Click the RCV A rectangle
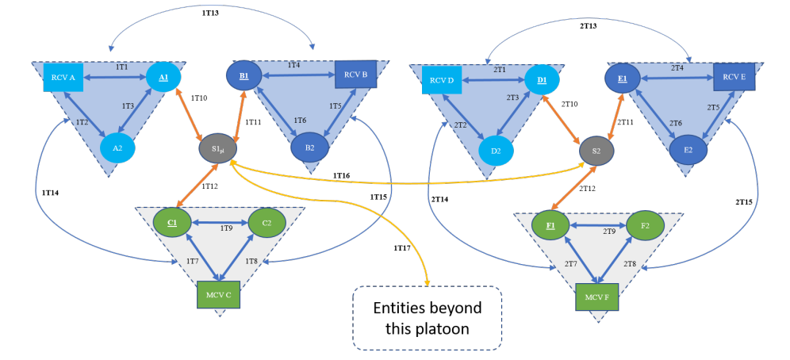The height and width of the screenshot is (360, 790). (63, 78)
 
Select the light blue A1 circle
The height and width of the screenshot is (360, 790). (163, 78)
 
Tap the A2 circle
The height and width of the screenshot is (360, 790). (117, 147)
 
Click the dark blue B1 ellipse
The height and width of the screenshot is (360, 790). (244, 77)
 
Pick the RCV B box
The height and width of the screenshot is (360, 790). (355, 75)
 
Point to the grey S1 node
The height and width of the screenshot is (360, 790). (217, 148)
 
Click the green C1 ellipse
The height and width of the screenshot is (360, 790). (172, 222)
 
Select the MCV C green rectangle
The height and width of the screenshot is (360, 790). (218, 294)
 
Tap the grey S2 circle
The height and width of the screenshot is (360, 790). (596, 150)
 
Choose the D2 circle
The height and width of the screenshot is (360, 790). (496, 151)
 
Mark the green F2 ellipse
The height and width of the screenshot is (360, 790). (645, 226)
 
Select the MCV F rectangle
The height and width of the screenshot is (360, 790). (597, 297)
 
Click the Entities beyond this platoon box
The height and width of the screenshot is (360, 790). (428, 318)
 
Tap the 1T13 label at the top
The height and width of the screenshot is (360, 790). (212, 13)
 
